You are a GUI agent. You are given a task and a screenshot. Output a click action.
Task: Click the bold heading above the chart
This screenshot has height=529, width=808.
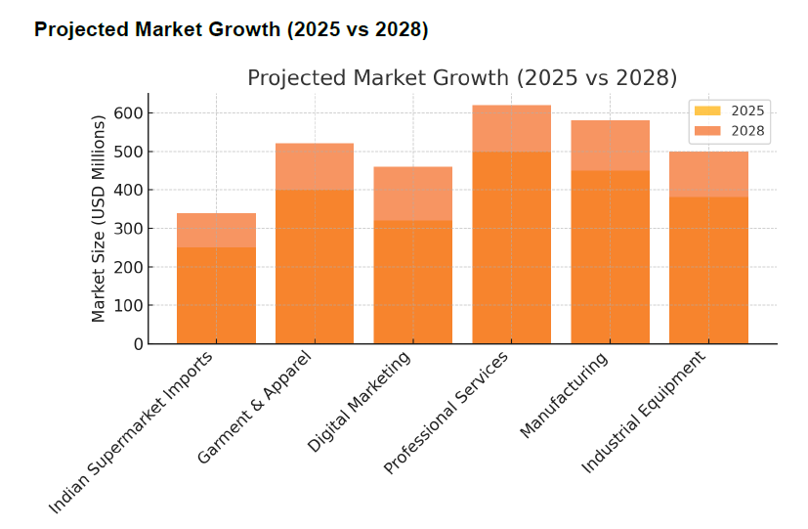[231, 30]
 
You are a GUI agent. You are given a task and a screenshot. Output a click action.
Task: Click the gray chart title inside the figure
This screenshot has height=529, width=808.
[461, 78]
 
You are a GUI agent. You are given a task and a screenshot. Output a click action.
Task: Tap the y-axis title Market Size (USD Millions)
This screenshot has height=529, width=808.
[98, 218]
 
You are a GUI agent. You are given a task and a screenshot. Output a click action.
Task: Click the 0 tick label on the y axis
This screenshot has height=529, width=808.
[138, 344]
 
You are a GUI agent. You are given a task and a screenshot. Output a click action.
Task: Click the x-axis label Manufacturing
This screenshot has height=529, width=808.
[565, 394]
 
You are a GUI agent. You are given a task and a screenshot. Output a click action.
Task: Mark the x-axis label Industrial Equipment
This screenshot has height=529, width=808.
[644, 413]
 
